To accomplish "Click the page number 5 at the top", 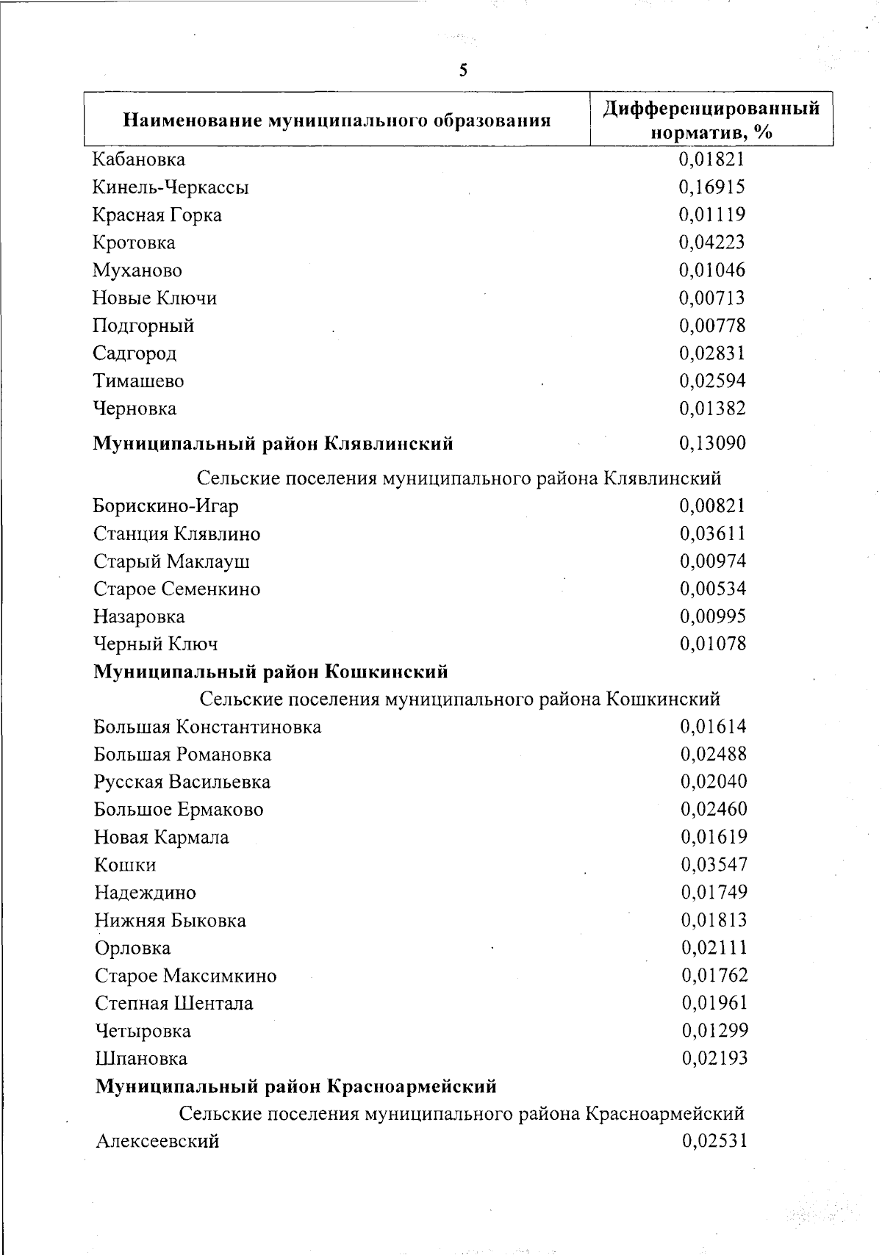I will tap(463, 71).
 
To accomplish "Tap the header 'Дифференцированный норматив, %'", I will tap(711, 120).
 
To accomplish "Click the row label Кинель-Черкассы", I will tap(171, 187).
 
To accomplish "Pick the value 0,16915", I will tap(711, 187).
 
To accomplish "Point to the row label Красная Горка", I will tap(157, 215).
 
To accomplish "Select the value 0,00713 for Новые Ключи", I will tap(711, 298).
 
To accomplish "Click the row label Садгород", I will tap(135, 353).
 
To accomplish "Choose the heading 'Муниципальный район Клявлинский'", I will tap(273, 444).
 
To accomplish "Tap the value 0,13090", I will tap(712, 443).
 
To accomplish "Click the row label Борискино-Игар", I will tap(165, 506).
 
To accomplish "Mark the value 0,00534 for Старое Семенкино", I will tap(712, 589).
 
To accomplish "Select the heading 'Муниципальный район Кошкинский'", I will tap(270, 672).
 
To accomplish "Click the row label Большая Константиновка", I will tap(207, 727).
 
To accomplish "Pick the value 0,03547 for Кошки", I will tap(714, 864).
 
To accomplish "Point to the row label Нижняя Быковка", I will tap(170, 921).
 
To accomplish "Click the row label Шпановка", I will tap(141, 1059).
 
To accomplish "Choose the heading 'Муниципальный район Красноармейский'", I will tap(296, 1086).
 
